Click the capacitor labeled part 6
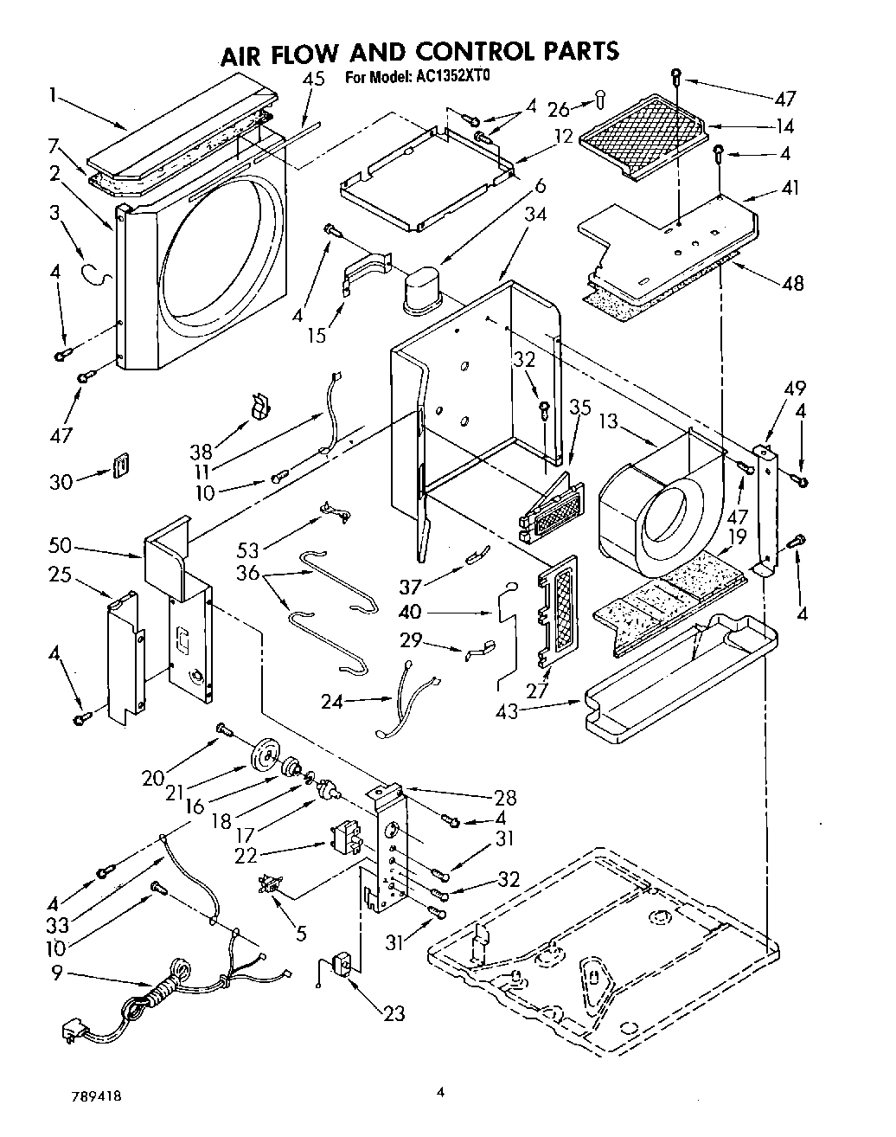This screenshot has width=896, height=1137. coord(422,287)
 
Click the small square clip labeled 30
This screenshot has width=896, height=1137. coord(122,466)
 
